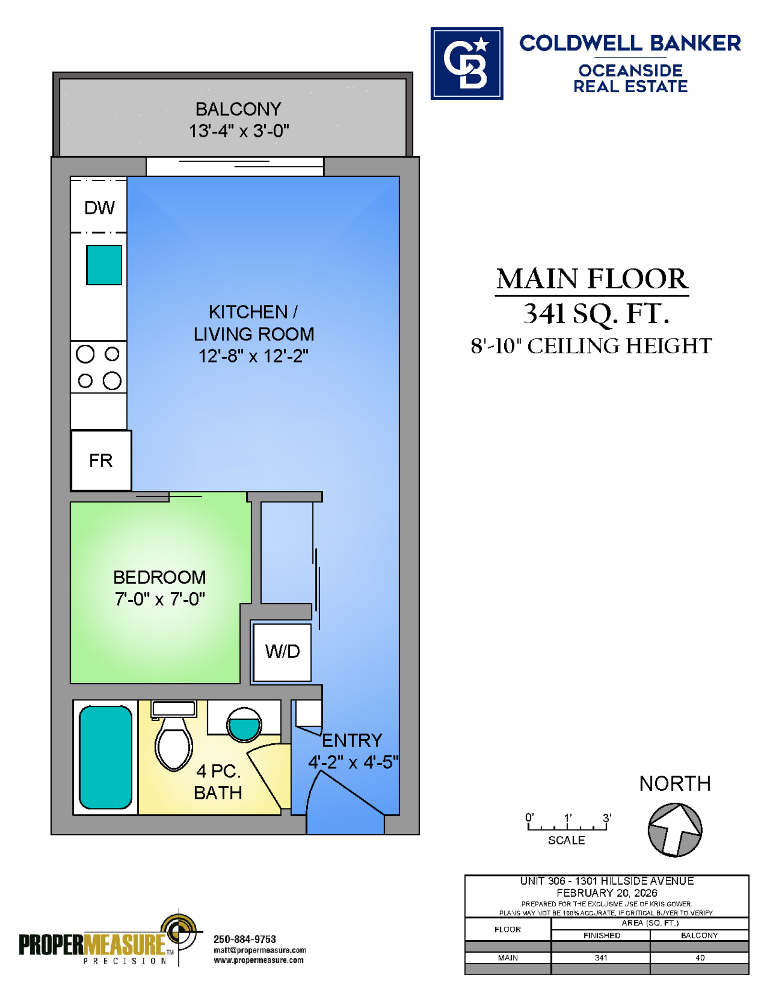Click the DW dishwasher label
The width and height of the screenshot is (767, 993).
coord(99,208)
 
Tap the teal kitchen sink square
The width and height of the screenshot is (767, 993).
coord(104,265)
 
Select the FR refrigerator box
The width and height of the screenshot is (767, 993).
coord(101,460)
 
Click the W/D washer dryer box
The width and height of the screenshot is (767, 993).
coord(282,652)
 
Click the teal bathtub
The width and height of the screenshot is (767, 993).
coord(105,757)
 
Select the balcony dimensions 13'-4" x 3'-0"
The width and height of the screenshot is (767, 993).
coord(239,130)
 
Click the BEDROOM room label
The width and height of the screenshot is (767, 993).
coord(160,577)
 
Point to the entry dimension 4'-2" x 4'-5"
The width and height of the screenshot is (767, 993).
coord(353,762)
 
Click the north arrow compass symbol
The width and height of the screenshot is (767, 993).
coord(675,830)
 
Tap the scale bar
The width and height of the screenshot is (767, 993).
coord(567,826)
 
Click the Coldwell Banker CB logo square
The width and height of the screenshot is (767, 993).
coord(467,63)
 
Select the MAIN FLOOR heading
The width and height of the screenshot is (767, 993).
coord(592,279)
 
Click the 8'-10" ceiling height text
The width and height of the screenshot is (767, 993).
coord(591,346)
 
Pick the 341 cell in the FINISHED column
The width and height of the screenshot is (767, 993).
coord(601,958)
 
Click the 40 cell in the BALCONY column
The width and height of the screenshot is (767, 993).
coord(700,958)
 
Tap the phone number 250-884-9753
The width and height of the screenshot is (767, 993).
coord(244,939)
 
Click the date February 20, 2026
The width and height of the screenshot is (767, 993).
coord(607,893)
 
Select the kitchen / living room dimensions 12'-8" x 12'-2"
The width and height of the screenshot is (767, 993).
coord(254,356)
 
